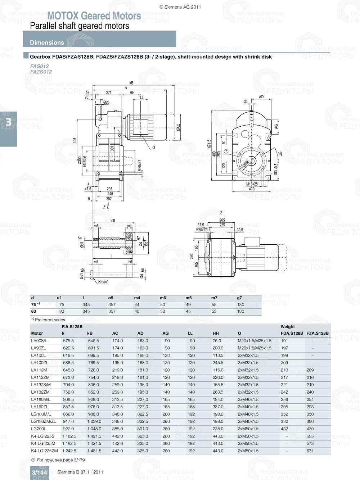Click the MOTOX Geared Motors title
point(94,16)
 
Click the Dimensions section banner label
point(47,42)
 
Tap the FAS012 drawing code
point(39,66)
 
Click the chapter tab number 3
point(8,122)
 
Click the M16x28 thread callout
point(252,184)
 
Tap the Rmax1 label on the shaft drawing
point(103,281)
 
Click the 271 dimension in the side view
point(109,92)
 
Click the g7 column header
point(239,298)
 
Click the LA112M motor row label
point(39,370)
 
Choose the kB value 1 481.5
point(94,451)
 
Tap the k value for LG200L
point(68,429)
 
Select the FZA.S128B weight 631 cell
point(310,451)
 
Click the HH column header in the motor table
point(216,333)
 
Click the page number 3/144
point(39,472)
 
